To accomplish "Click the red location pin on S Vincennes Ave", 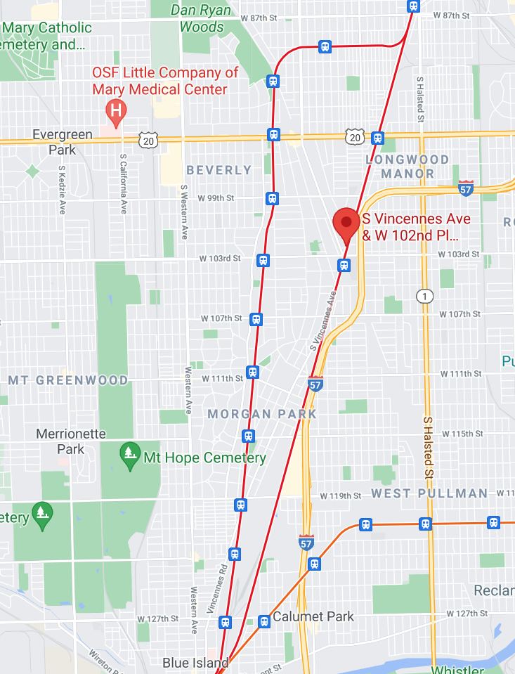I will pos(346,224).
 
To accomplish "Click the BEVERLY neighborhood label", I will pos(219,170).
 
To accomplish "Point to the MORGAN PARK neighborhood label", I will pos(262,414).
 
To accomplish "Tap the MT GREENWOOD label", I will pos(68,380).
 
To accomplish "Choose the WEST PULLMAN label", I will pos(429,493).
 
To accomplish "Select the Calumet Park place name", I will pos(313,616).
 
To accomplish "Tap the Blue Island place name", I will pos(195,663).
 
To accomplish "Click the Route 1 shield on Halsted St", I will pos(424,295).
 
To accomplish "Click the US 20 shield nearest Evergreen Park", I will pos(148,140).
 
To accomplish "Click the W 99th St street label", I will pos(219,198).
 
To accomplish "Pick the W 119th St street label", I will pos(340,495).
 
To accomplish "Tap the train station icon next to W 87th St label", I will pos(413,6).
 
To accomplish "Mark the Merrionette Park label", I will pos(70,441).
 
